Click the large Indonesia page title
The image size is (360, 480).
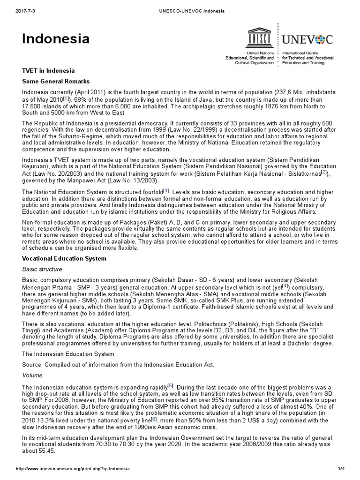point(56,39)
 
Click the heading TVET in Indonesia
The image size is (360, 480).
point(48,71)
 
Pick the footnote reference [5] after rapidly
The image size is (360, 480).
point(171,385)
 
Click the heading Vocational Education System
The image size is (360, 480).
point(64,258)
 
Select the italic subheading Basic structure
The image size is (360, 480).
point(42,269)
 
